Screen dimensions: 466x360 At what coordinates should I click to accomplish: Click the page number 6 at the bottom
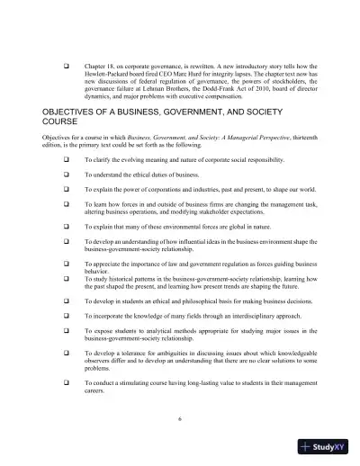pyautogui.click(x=180, y=418)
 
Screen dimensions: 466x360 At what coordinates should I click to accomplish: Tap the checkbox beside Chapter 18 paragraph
pyautogui.click(x=65, y=66)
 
